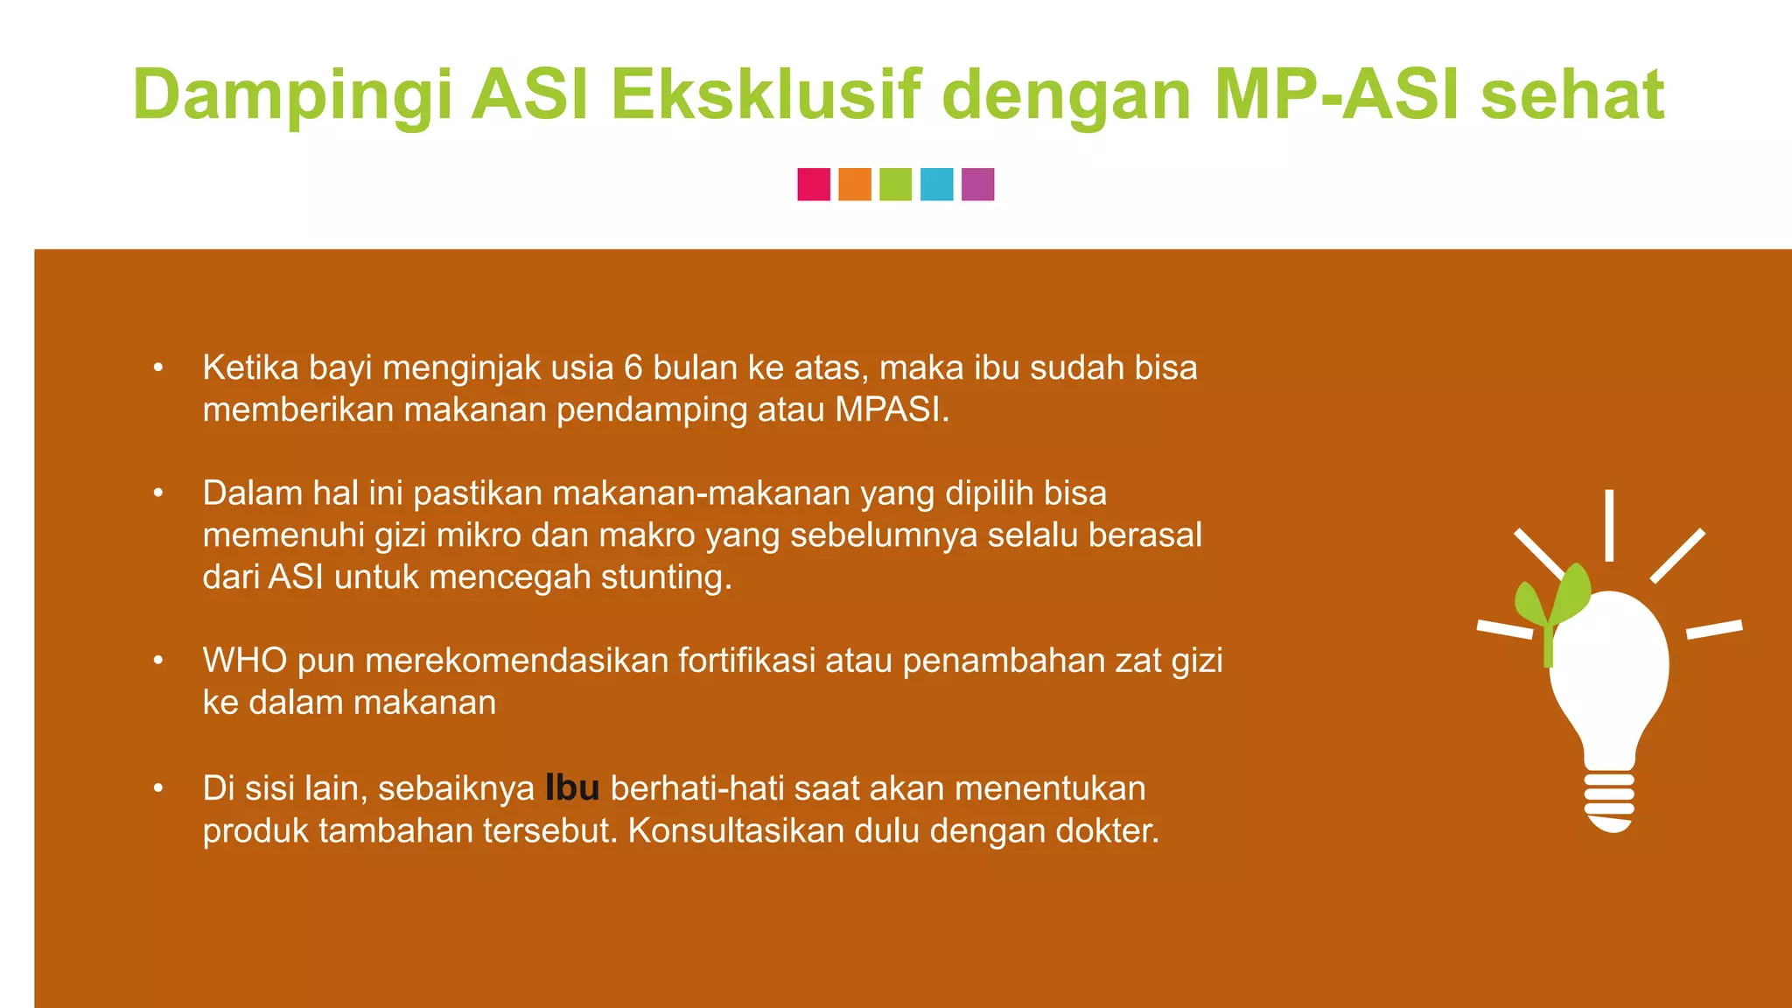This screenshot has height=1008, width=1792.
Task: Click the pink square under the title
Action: click(x=814, y=185)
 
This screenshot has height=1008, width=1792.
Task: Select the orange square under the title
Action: click(x=855, y=185)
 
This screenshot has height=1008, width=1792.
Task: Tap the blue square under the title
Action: click(x=936, y=185)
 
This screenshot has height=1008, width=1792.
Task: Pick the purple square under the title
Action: click(x=977, y=185)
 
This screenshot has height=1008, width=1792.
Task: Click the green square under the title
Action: click(x=895, y=185)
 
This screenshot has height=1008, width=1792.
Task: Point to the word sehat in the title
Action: click(x=1572, y=94)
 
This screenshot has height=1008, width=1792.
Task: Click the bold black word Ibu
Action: click(x=572, y=788)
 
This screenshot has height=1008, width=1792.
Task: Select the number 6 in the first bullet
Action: click(x=633, y=368)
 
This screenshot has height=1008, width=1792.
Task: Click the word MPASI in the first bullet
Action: click(x=890, y=410)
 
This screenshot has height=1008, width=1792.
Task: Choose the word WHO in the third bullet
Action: click(x=245, y=661)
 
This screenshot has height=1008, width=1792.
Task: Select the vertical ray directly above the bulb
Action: click(x=1609, y=525)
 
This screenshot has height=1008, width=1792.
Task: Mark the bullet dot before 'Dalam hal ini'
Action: click(x=158, y=494)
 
